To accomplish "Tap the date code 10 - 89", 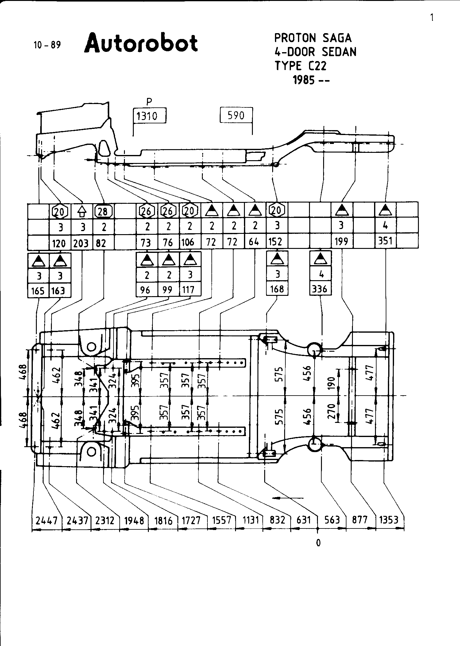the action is click(x=47, y=45).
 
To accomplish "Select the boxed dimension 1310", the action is click(x=150, y=115).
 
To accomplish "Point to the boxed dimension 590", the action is click(x=236, y=115).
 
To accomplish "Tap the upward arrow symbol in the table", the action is click(x=82, y=211).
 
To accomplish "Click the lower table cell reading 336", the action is click(x=320, y=289).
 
